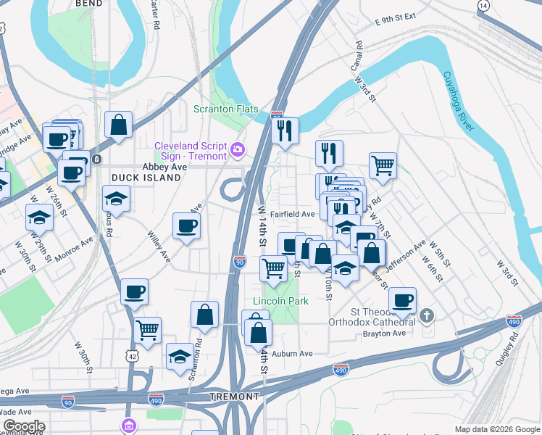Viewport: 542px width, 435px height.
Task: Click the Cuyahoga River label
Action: [x=458, y=101]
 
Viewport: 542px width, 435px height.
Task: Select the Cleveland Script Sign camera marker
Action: [x=237, y=150]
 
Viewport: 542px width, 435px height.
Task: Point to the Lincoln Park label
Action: [x=280, y=301]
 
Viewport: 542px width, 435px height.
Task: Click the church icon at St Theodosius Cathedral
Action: [x=428, y=315]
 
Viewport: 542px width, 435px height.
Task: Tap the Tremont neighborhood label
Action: [x=234, y=397]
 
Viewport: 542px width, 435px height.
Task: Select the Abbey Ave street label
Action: [x=164, y=166]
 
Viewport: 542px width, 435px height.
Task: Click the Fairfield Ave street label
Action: [x=292, y=214]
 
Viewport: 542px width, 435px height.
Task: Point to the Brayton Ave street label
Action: [x=388, y=333]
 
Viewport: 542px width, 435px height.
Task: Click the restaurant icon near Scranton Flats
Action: [x=285, y=131]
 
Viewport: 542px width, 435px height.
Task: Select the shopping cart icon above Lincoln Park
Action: [x=274, y=268]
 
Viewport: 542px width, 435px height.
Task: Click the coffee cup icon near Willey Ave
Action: [x=186, y=225]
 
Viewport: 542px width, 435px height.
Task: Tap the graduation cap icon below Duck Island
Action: [x=116, y=198]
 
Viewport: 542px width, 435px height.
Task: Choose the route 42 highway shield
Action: [x=131, y=356]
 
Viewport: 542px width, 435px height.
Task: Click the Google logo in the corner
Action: [x=23, y=426]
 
